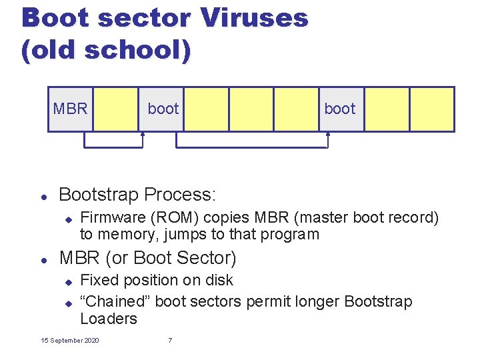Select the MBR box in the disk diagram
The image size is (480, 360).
(x=70, y=109)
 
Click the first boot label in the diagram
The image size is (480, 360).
(x=163, y=109)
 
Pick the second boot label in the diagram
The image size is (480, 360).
(x=340, y=109)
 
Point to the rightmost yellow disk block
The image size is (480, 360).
(x=431, y=109)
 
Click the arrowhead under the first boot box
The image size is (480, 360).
(x=143, y=134)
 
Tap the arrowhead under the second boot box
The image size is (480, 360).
(x=328, y=134)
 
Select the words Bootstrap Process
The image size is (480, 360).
(x=137, y=195)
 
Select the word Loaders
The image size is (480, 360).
(x=108, y=319)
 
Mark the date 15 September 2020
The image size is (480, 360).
(x=70, y=341)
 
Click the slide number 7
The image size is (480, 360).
(x=170, y=341)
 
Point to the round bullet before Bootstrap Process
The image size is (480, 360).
(x=43, y=197)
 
